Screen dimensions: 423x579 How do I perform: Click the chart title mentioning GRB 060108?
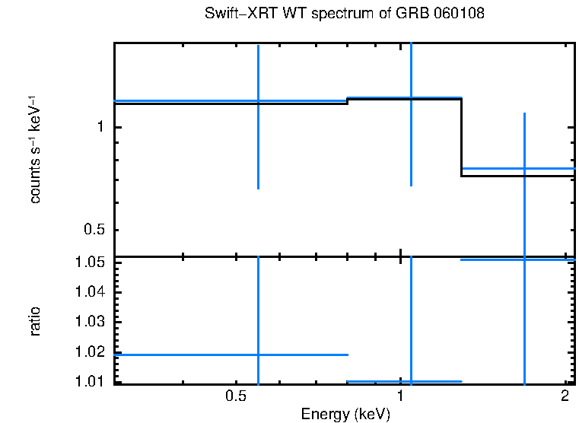tap(345, 14)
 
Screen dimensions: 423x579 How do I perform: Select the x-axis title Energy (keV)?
tap(345, 414)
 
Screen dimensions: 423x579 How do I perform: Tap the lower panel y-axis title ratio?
tap(35, 321)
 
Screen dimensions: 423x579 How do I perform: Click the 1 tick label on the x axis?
tap(401, 396)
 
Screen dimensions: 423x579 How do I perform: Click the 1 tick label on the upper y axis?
tap(99, 127)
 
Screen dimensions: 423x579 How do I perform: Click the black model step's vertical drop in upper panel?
tap(462, 137)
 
